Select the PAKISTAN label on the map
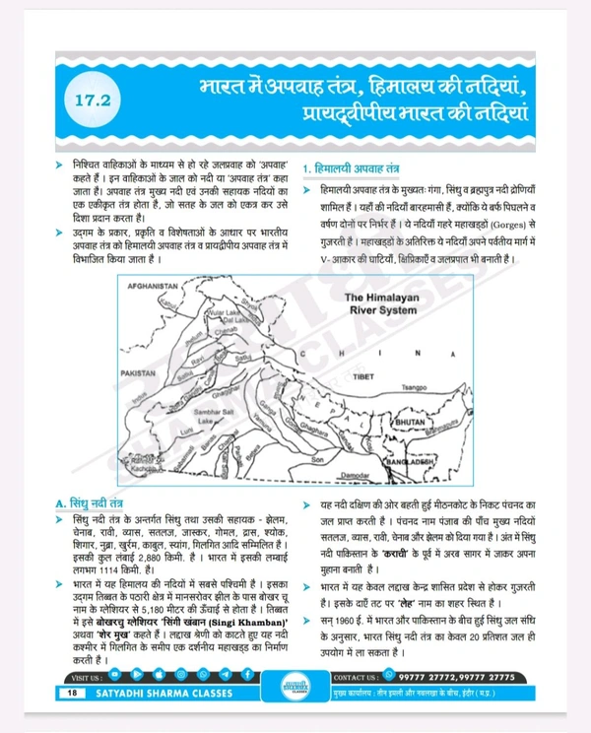tap(143, 375)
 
